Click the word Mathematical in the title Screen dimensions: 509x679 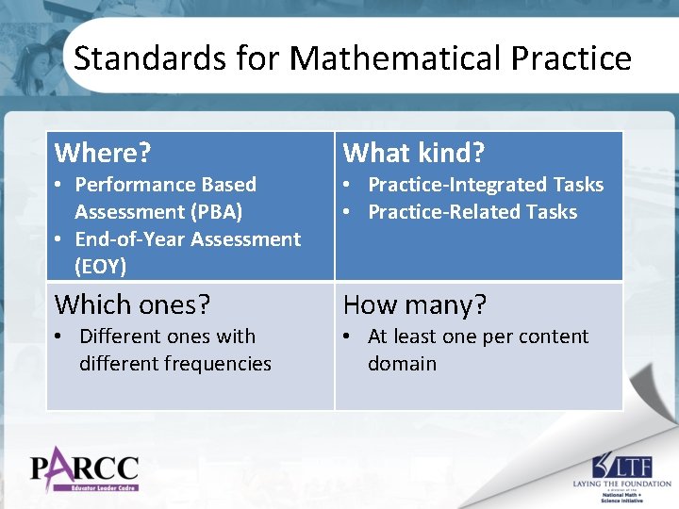coord(395,58)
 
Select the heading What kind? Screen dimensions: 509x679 coord(413,153)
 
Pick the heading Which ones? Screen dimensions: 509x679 coord(132,304)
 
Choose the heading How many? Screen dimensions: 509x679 coord(415,304)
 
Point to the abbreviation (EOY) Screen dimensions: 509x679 coord(100,267)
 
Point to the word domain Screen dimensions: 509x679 coord(402,364)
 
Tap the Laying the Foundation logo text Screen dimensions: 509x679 coord(622,483)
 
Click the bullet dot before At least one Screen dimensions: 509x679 coord(348,337)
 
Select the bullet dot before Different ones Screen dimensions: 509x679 coord(59,337)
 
